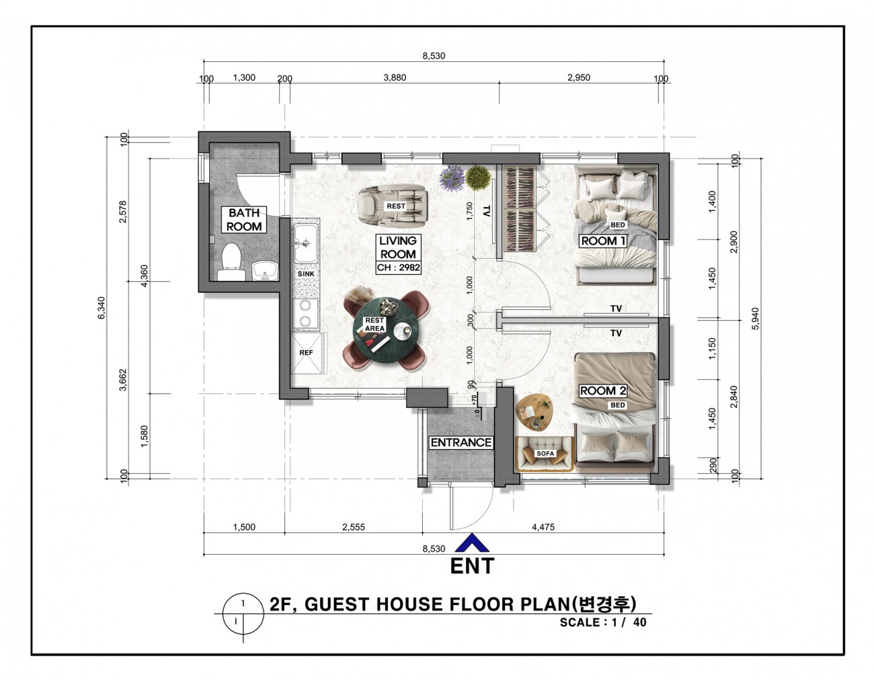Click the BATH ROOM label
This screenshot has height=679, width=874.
[x=244, y=220]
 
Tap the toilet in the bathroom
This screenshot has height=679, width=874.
[x=231, y=262]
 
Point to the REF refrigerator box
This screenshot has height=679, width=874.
[x=307, y=353]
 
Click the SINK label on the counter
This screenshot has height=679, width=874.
[x=306, y=274]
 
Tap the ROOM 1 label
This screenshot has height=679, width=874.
[x=603, y=241]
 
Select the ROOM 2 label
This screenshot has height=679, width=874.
[x=602, y=391]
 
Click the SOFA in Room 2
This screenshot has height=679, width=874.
[x=545, y=454]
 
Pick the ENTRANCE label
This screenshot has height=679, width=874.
[x=461, y=442]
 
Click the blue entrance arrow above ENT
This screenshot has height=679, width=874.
[x=472, y=543]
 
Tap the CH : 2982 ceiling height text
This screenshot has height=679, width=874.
[x=398, y=268]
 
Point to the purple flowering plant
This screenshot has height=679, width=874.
[x=452, y=178]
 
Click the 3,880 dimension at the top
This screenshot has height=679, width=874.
[x=395, y=77]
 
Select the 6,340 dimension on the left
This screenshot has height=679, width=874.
[x=102, y=308]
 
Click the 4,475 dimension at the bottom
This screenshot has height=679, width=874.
[x=543, y=527]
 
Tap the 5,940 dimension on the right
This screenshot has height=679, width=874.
[x=756, y=319]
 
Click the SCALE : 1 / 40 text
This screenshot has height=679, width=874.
[x=603, y=623]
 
